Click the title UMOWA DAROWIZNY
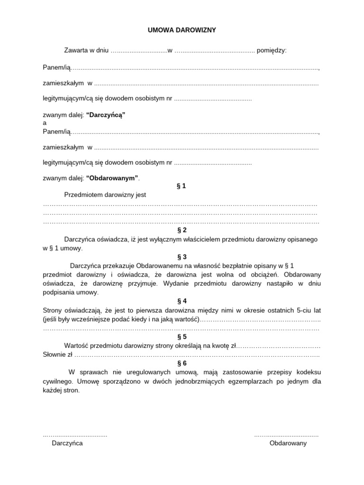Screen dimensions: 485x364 [x=182, y=30]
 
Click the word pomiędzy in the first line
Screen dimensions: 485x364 [x=272, y=50]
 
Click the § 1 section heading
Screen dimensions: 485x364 [x=182, y=186]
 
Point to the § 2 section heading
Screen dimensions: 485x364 [x=182, y=230]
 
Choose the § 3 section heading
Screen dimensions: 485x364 [x=182, y=257]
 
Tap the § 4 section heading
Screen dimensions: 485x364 [x=182, y=301]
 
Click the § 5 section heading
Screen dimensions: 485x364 [x=182, y=337]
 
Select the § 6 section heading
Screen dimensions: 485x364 [x=182, y=363]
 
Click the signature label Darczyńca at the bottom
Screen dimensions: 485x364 [x=67, y=443]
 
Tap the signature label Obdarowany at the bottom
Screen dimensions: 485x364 [x=288, y=443]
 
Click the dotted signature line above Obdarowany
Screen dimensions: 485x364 [x=286, y=434]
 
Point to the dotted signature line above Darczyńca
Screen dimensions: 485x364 [x=75, y=434]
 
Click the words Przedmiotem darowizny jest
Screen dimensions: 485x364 [x=105, y=195]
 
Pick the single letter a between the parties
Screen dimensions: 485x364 [x=45, y=123]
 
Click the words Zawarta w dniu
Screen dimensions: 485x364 [x=86, y=50]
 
